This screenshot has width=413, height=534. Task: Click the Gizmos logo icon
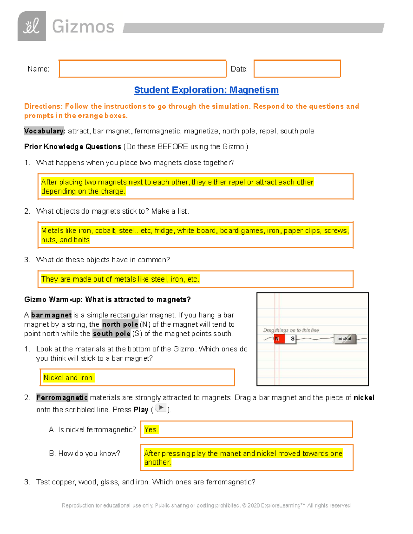(x=32, y=26)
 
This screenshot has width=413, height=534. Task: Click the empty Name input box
(x=142, y=69)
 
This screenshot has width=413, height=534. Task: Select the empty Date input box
(x=297, y=69)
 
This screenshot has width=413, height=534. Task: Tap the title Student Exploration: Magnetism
(x=206, y=90)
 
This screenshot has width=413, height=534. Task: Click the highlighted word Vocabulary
(x=44, y=131)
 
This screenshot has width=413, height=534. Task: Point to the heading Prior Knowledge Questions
(x=73, y=147)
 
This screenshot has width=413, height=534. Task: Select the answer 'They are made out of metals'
(x=120, y=279)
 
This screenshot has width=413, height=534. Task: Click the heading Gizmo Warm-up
(x=107, y=299)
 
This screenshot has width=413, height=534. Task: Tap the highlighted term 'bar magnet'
(x=51, y=315)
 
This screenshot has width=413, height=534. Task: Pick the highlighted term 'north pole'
(x=120, y=324)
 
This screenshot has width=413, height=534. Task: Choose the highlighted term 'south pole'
(x=112, y=334)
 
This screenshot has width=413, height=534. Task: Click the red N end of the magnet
(x=279, y=339)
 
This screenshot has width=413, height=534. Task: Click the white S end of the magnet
(x=291, y=339)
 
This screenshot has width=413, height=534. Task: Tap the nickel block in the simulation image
(x=345, y=339)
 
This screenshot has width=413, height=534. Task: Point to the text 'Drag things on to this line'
(x=291, y=330)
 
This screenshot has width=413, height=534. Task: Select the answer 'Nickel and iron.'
(x=69, y=378)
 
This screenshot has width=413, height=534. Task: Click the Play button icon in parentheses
(x=161, y=408)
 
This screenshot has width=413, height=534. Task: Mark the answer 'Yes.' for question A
(x=151, y=429)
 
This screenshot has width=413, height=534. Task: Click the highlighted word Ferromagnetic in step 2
(x=62, y=398)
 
